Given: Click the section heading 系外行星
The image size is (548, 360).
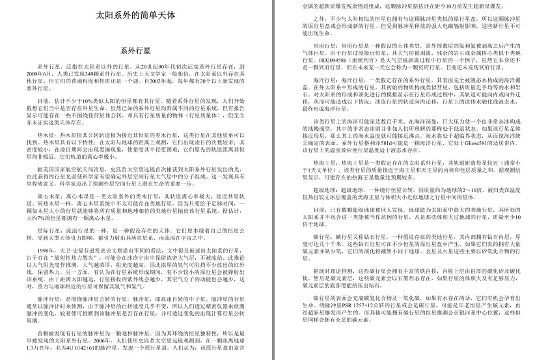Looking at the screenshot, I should (136, 51).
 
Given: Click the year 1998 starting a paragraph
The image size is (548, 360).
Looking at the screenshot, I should (46, 250).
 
